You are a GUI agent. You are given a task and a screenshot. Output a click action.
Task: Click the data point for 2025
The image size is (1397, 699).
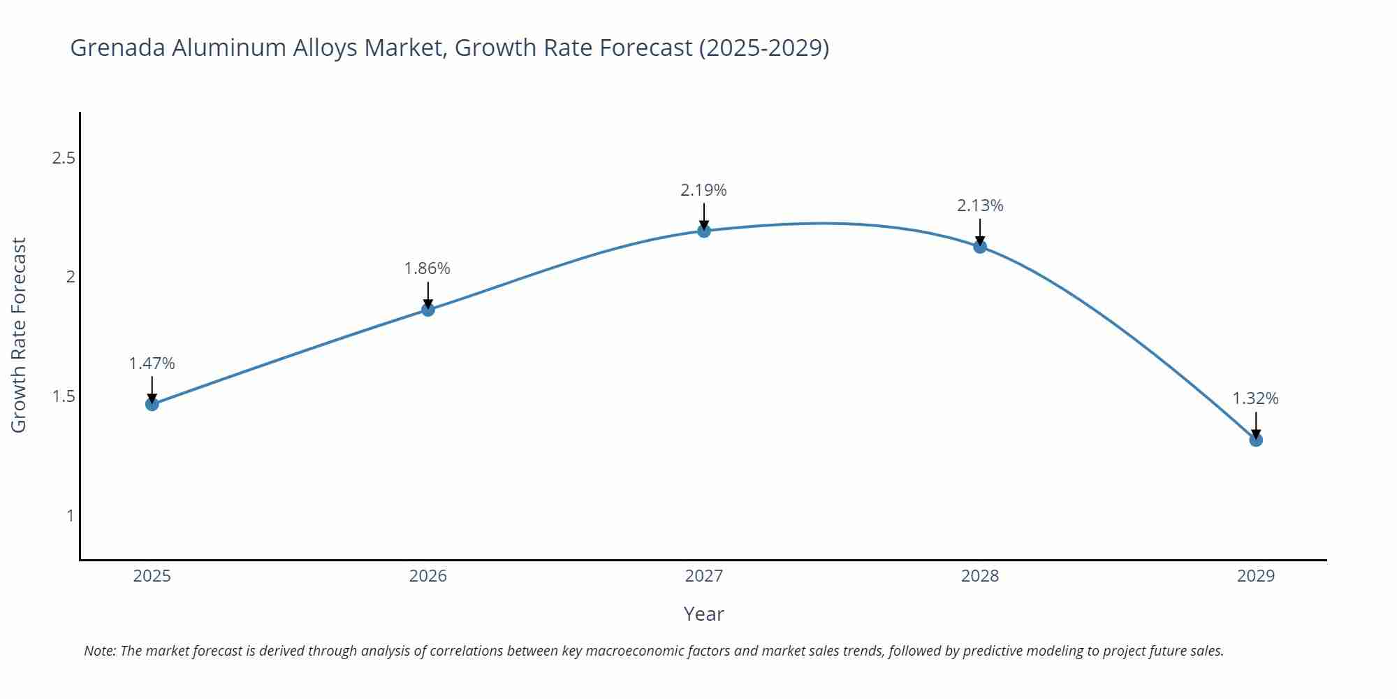pos(152,404)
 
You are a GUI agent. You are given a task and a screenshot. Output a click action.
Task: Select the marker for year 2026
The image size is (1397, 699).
pos(428,310)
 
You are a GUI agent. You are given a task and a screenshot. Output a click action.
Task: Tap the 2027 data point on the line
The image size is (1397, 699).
pos(704,231)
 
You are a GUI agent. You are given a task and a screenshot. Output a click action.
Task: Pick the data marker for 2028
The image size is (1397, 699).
pos(980,246)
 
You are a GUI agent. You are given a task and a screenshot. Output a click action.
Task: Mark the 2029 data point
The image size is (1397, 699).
pos(1256,440)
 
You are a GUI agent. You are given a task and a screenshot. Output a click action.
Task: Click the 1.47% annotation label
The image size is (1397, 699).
pos(152,363)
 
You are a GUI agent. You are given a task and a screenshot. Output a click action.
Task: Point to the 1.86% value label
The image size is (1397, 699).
pos(427,268)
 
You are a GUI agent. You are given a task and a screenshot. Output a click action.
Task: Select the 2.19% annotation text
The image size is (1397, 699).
pos(704,190)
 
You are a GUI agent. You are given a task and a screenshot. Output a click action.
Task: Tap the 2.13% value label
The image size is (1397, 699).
pos(980,206)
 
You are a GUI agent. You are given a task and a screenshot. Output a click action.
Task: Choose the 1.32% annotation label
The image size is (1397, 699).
pos(1255,398)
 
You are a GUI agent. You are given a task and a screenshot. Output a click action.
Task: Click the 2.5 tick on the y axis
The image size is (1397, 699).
pos(64,158)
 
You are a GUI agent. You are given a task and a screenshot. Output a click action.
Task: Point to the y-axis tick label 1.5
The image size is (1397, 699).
pos(64,396)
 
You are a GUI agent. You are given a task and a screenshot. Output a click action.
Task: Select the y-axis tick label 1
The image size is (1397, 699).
pos(70,516)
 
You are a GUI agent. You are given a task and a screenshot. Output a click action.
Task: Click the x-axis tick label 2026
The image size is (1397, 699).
pos(428,576)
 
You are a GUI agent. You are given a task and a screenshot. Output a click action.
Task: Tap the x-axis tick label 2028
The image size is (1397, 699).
pos(980,576)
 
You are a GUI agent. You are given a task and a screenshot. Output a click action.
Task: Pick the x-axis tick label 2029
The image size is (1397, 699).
pos(1256,576)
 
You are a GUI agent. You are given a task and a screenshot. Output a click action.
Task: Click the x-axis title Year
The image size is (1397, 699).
pos(704,614)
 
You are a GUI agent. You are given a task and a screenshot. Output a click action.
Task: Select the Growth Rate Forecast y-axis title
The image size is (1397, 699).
pos(19,335)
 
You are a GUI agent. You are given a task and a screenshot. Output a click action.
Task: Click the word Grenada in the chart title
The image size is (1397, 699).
pos(118,48)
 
